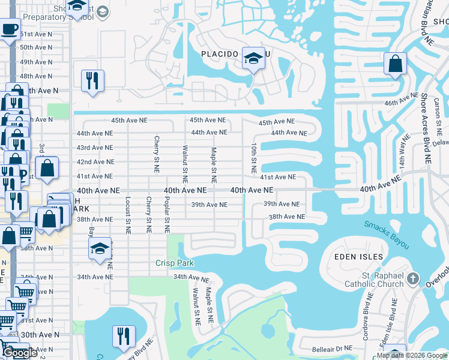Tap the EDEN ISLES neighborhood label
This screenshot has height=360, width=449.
tap(358, 257)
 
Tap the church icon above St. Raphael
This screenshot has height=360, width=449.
tap(412, 278)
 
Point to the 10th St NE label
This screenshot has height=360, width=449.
tap(254, 154)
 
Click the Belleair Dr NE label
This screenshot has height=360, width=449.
tap(331, 348)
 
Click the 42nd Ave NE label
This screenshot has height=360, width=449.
tap(95, 162)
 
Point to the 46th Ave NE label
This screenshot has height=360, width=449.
tap(401, 99)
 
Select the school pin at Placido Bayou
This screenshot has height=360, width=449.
tap(253, 59)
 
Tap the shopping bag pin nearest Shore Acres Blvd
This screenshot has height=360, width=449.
tap(396, 64)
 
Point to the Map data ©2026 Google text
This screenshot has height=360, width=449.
tap(411, 355)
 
